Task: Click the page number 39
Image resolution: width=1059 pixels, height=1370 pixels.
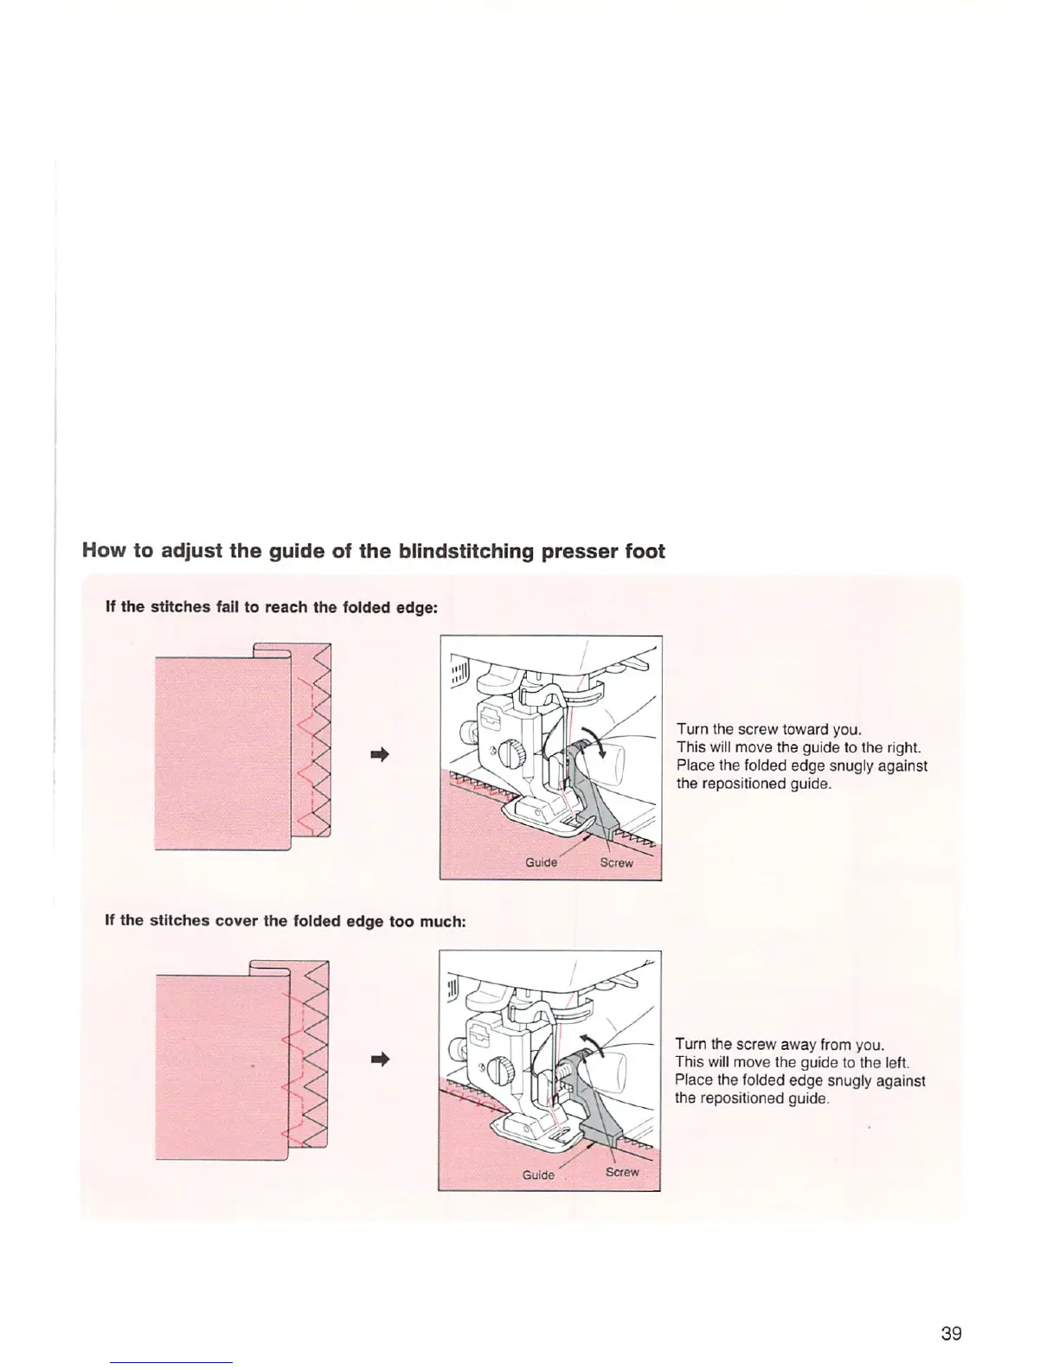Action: tap(950, 1333)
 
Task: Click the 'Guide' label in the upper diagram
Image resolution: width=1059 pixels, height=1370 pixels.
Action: tap(542, 862)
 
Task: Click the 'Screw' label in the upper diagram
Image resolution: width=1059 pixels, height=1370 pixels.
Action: tap(617, 862)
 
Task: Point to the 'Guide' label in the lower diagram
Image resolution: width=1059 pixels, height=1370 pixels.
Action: tap(538, 1175)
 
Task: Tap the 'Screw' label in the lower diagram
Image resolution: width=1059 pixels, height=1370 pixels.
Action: tap(622, 1172)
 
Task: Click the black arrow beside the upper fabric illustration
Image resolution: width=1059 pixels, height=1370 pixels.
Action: tap(379, 753)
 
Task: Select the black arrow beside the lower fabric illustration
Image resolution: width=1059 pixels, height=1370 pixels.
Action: tap(378, 1059)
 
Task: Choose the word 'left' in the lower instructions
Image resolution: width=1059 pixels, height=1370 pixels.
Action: tap(893, 1062)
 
